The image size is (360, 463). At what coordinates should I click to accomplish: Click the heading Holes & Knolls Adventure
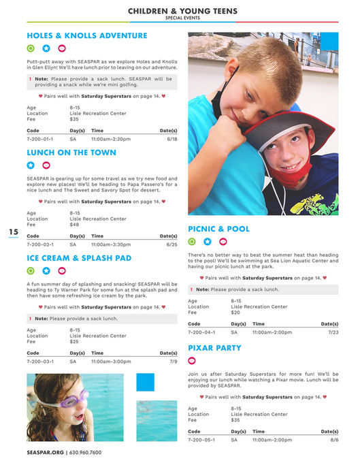[x=86, y=35]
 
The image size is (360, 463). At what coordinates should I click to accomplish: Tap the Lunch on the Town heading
[x=71, y=153]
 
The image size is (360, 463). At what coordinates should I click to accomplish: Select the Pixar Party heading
[x=214, y=348]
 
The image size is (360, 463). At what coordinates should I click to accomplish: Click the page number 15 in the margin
[x=14, y=232]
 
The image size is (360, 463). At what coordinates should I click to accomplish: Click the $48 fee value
[x=74, y=225]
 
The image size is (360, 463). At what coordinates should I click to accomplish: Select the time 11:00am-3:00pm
[x=111, y=362]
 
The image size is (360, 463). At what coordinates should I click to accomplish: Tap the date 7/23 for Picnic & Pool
[x=333, y=332]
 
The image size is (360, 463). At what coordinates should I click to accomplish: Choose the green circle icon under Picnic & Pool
[x=192, y=241]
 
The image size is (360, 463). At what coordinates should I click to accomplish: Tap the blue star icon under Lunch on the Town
[x=31, y=165]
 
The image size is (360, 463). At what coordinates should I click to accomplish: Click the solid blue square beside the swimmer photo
[x=146, y=382]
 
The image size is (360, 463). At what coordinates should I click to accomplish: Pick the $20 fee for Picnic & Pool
[x=235, y=313]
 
